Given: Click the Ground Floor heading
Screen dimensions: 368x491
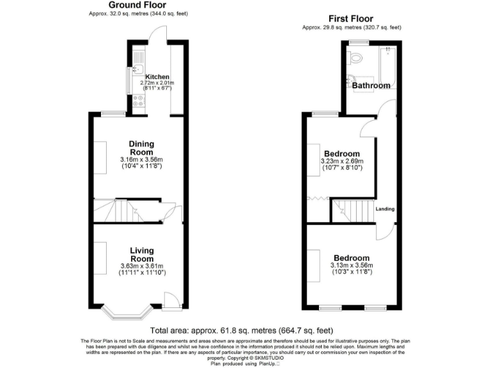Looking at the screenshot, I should pos(137,5).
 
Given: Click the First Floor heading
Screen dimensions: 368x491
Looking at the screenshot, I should pos(350,19).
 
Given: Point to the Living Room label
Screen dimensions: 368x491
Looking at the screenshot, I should pos(142,254).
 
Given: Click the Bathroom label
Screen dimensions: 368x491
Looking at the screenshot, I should pos(371,86).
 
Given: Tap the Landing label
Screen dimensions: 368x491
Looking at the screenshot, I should pos(385,209).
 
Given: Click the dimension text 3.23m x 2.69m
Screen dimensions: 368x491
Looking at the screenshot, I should pos(342,162).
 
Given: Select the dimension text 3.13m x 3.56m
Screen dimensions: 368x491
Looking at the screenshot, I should pos(351,265).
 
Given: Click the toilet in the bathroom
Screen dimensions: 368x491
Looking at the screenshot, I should pos(356,59).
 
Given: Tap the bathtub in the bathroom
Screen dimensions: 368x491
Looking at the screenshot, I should pos(388,67).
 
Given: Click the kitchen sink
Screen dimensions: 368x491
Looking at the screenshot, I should pos(138,65).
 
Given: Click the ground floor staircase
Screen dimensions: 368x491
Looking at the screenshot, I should pos(109,210).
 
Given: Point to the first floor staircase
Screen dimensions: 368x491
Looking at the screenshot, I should pos(351,210).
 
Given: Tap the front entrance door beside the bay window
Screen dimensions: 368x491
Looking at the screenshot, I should pos(171,300).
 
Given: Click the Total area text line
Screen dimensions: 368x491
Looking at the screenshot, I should pos(242,330).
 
